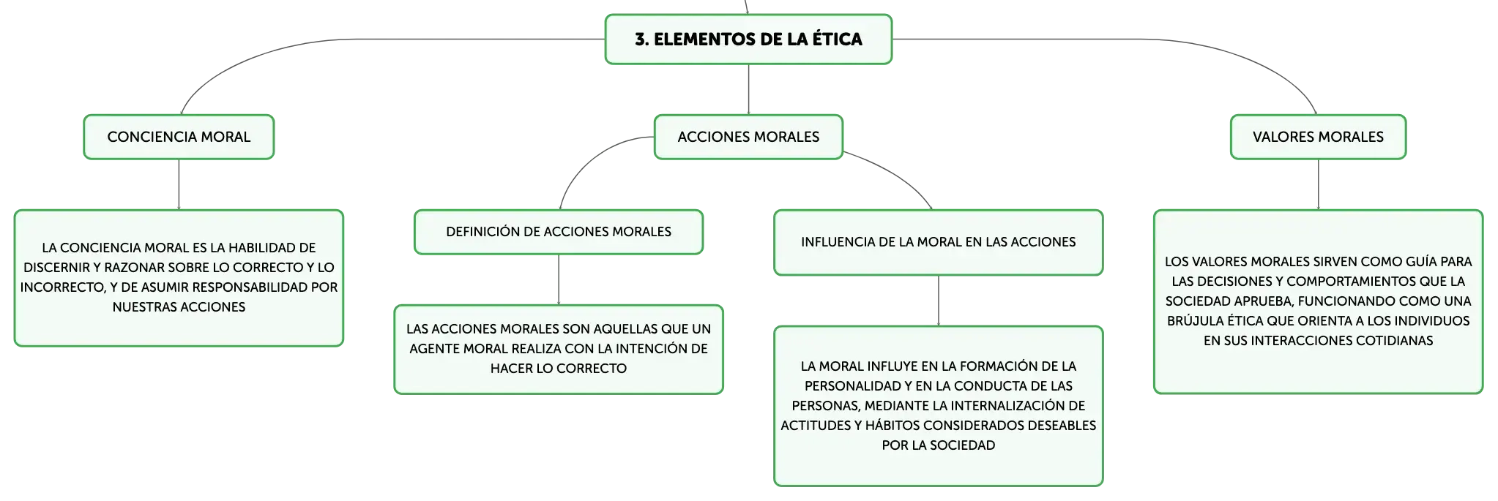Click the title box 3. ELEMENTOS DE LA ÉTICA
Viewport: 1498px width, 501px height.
coord(748,39)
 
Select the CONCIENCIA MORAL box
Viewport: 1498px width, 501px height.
coord(179,137)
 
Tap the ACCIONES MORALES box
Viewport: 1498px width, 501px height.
coord(748,137)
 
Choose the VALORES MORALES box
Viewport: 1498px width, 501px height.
coord(1318,137)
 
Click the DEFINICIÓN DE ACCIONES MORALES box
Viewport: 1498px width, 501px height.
coord(559,232)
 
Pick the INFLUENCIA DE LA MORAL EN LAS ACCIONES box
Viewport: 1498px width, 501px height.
coord(939,242)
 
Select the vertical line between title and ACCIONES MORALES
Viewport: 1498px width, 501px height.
coord(748,89)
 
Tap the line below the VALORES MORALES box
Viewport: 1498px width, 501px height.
coord(1318,184)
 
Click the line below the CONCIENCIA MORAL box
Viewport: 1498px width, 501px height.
coord(179,184)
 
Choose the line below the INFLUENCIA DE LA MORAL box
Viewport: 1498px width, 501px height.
coord(939,301)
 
